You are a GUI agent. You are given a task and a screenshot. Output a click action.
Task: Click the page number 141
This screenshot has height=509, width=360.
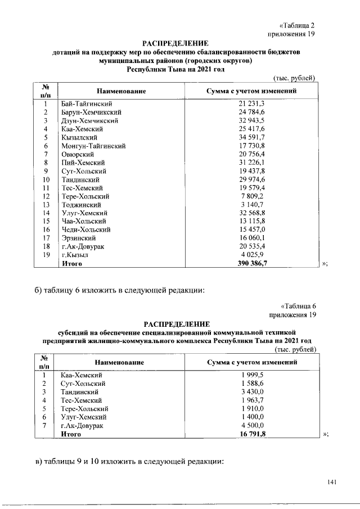pos(331,483)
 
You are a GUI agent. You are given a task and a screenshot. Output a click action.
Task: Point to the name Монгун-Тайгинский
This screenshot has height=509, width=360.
pos(93,146)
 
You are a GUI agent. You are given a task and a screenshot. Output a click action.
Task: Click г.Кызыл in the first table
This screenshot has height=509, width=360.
pos(76,255)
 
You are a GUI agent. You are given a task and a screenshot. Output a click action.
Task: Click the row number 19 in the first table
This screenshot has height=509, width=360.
pos(47,255)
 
